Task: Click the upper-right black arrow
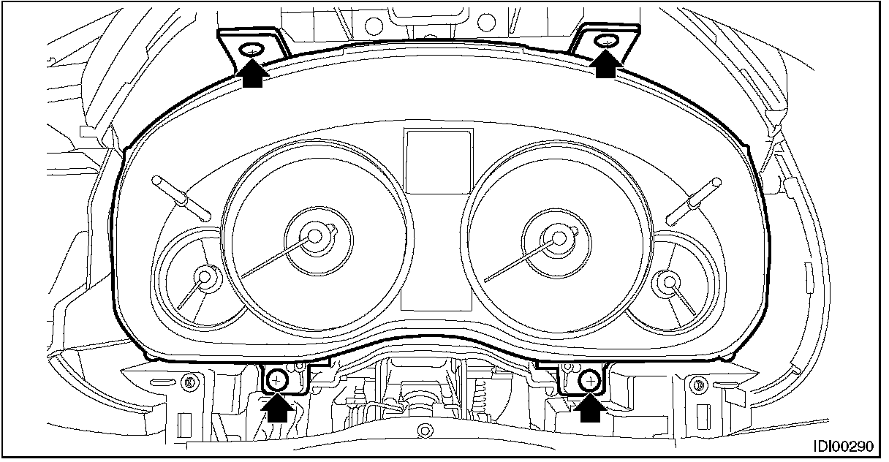tap(606, 64)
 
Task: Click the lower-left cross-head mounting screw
tap(277, 379)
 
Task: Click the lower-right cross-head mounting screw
tap(591, 379)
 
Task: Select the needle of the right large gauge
tap(519, 260)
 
